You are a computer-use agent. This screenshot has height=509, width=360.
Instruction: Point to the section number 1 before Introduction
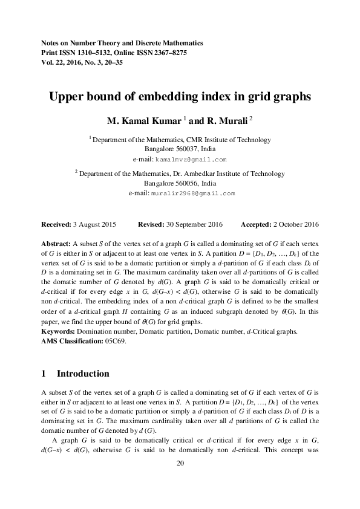click(x=44, y=374)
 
